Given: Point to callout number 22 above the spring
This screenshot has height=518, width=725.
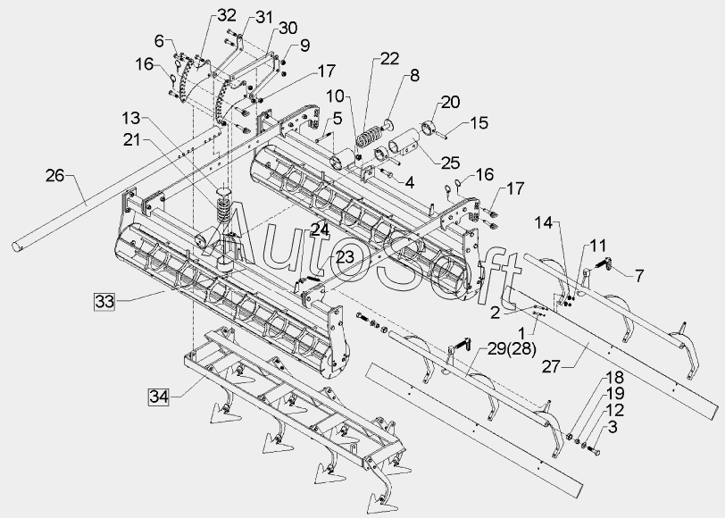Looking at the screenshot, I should tap(388, 59).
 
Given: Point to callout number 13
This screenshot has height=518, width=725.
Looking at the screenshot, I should tap(131, 119).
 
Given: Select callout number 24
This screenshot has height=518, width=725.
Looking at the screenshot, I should tap(320, 229).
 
